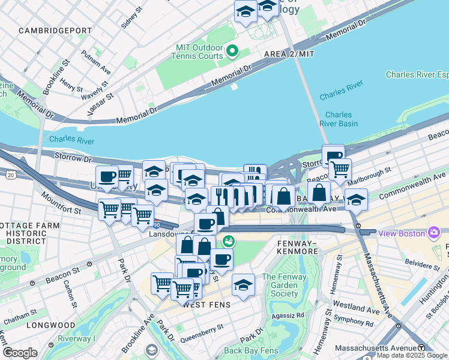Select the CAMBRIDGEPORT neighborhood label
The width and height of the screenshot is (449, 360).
point(55,30)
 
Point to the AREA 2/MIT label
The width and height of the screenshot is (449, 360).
point(289,55)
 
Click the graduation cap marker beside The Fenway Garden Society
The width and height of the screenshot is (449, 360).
point(243,284)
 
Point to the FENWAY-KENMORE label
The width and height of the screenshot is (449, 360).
point(297,247)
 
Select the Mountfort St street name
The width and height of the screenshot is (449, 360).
point(60,203)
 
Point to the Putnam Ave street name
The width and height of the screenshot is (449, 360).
point(97,64)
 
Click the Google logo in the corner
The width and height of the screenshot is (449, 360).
point(20,353)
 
